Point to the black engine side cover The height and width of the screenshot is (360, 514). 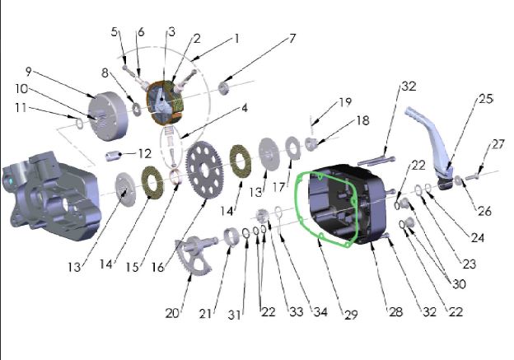(x=346, y=206)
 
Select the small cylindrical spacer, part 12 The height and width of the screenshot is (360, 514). (x=119, y=154)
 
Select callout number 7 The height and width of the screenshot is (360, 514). (x=292, y=39)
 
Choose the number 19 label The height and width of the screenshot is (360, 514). (x=344, y=102)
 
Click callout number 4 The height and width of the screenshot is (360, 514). (x=243, y=107)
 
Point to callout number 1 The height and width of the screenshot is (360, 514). (x=236, y=38)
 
